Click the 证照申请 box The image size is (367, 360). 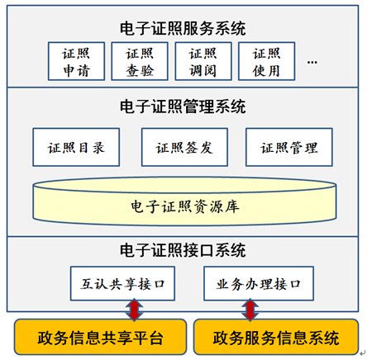(76, 61)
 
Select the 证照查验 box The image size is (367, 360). (140, 61)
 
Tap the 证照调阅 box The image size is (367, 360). (203, 61)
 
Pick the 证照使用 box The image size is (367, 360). (267, 61)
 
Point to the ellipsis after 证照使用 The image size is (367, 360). (312, 63)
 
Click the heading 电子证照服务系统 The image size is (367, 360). (183, 28)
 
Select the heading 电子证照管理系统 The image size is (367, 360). (183, 107)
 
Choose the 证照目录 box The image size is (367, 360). (76, 147)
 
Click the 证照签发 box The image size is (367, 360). (184, 147)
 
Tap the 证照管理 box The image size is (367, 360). (289, 147)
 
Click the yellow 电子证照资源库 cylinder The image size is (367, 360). (184, 201)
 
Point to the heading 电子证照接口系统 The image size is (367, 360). (183, 250)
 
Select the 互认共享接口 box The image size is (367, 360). (122, 283)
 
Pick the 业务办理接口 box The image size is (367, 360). (259, 283)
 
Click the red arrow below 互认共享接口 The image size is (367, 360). (134, 310)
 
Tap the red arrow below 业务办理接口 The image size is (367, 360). (250, 310)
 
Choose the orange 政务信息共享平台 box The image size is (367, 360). (101, 337)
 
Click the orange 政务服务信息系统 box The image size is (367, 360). (276, 337)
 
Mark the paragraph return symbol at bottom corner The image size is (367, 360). (363, 353)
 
